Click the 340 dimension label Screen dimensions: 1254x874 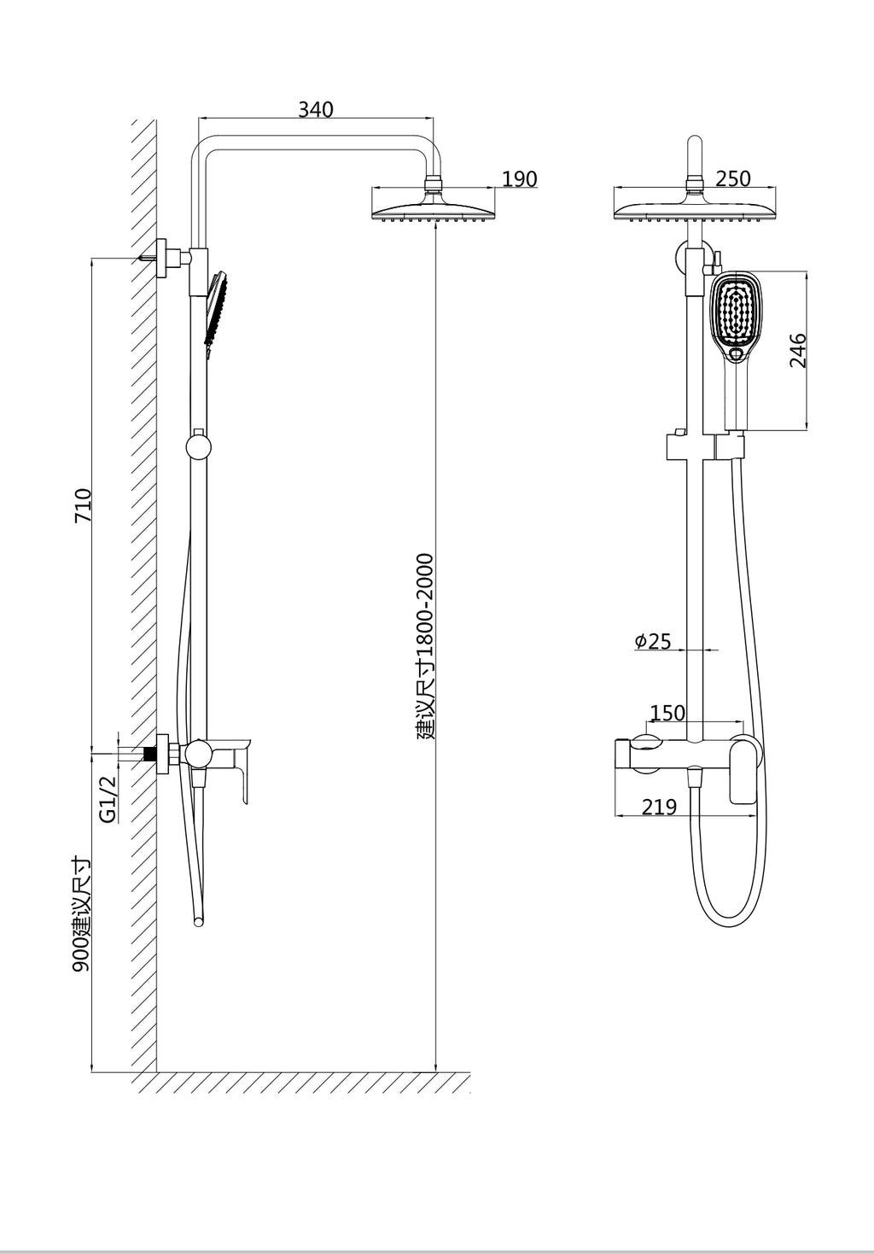[316, 109]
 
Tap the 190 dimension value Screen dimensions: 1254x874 [519, 179]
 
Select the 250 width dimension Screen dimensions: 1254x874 [732, 178]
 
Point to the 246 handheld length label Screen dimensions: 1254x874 [798, 350]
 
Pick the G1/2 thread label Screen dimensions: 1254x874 [108, 799]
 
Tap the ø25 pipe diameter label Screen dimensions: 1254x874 [654, 641]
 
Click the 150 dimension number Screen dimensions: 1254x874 [667, 713]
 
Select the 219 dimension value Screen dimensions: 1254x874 [659, 807]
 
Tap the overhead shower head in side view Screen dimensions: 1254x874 [434, 207]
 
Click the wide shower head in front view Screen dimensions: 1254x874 [693, 207]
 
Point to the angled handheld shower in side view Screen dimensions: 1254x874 [215, 307]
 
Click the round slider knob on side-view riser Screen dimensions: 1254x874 [198, 446]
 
